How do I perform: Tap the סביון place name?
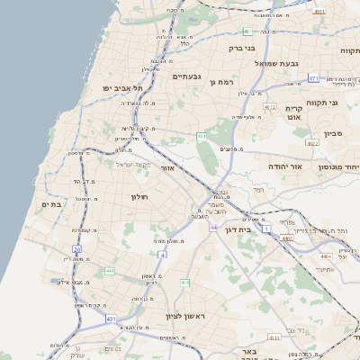click(x=334, y=133)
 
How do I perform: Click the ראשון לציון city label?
click(x=162, y=316)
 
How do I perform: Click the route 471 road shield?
click(x=313, y=78)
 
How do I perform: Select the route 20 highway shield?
click(x=77, y=249)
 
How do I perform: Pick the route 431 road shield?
click(x=111, y=319)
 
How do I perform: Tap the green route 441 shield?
click(x=110, y=271)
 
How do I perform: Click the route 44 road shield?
click(x=213, y=228)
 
